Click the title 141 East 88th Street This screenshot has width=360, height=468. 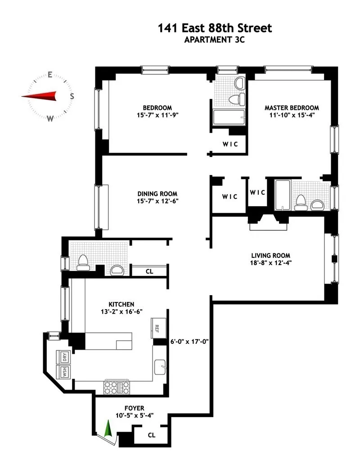(215, 28)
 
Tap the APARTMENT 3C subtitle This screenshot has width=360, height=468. (215, 39)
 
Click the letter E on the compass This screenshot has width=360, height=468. (50, 75)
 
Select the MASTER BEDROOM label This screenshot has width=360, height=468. (292, 108)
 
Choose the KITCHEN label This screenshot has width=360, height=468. (118, 304)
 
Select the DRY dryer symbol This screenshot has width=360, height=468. (64, 358)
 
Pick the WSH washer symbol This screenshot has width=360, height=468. (64, 373)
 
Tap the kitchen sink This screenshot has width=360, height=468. (160, 368)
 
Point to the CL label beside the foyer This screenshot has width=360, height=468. (151, 435)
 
